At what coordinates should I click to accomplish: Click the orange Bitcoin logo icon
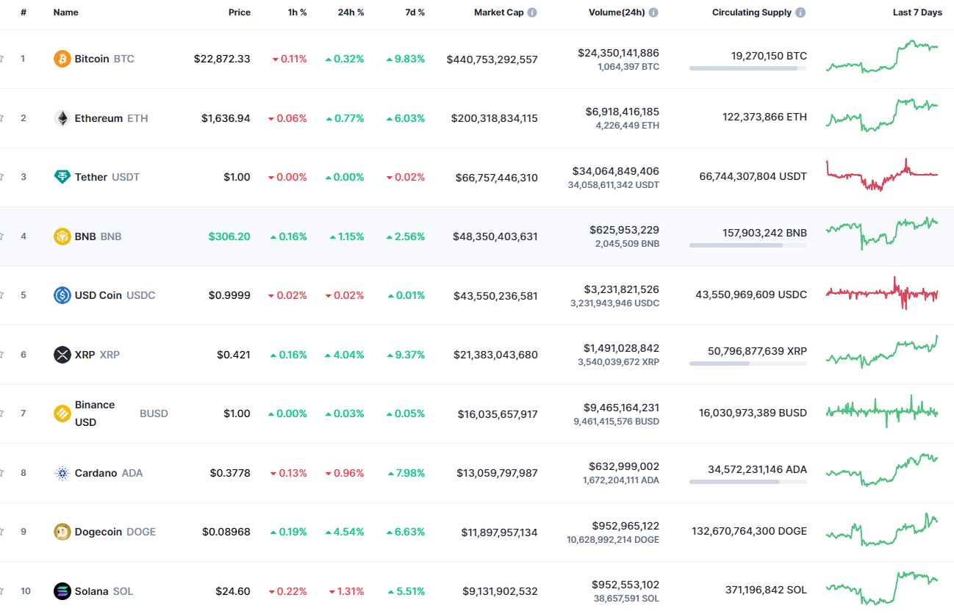click(62, 59)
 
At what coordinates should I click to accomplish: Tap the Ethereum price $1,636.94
click(226, 118)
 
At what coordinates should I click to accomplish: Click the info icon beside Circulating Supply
click(800, 12)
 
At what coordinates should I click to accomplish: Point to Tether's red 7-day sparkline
click(882, 176)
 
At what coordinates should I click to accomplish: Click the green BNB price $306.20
click(229, 236)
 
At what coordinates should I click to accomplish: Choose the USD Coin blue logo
click(62, 295)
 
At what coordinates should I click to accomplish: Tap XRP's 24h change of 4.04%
click(345, 355)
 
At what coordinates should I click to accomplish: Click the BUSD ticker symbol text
click(154, 413)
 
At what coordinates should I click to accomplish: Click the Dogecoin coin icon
click(62, 532)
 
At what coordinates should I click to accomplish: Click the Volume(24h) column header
click(617, 12)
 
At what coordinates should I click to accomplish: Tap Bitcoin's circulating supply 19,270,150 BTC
click(768, 56)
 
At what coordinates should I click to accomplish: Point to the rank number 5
click(23, 295)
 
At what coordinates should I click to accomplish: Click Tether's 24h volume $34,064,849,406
click(615, 171)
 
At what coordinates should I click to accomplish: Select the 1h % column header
click(297, 12)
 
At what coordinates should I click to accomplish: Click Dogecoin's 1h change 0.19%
click(288, 532)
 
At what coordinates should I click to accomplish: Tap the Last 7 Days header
click(917, 12)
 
